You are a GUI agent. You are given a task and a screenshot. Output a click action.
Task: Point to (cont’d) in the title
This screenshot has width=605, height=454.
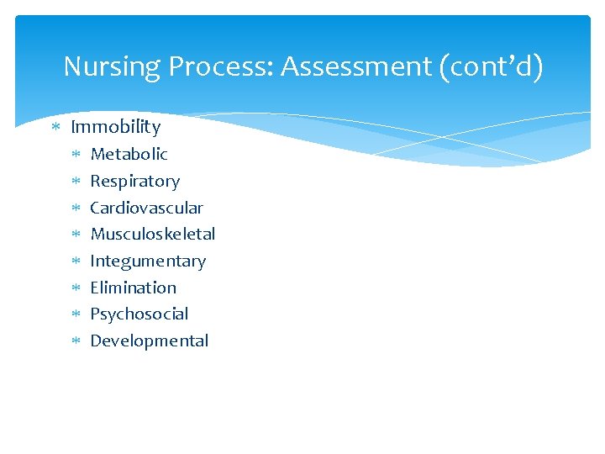click(x=491, y=66)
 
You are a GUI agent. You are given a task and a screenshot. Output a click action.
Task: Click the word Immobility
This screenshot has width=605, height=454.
click(x=115, y=127)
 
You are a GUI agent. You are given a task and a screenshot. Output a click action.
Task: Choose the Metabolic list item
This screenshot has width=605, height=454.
click(x=129, y=154)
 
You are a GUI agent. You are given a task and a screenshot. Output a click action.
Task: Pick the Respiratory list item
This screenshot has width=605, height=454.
click(x=134, y=181)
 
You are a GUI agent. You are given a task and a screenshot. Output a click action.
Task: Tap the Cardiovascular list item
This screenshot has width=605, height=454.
click(x=146, y=208)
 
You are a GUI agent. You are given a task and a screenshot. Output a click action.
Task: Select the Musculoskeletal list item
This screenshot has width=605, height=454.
click(x=152, y=234)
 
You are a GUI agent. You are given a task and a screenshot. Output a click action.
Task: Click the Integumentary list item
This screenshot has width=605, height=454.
click(x=147, y=261)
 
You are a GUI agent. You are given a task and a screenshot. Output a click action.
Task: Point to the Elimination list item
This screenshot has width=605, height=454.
click(x=133, y=288)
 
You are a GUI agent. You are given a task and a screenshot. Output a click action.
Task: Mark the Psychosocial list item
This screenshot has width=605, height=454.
click(x=139, y=314)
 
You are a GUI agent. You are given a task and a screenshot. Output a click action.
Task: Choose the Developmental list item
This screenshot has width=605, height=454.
click(x=149, y=340)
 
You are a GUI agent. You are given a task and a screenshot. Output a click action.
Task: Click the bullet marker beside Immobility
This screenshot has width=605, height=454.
click(x=55, y=128)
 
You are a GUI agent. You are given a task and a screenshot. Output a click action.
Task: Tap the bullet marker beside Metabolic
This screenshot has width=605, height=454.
click(x=76, y=155)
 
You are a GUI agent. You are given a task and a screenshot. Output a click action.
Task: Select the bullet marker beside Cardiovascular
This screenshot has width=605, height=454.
click(x=76, y=209)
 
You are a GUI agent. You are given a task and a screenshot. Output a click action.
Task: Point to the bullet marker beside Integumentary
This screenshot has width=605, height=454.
click(x=76, y=261)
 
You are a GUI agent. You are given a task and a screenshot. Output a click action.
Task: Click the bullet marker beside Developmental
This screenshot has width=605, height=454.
click(x=76, y=341)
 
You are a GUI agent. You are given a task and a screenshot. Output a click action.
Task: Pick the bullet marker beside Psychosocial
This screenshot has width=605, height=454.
click(x=76, y=314)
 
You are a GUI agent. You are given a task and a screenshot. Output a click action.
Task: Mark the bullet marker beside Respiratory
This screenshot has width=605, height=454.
click(x=76, y=182)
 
